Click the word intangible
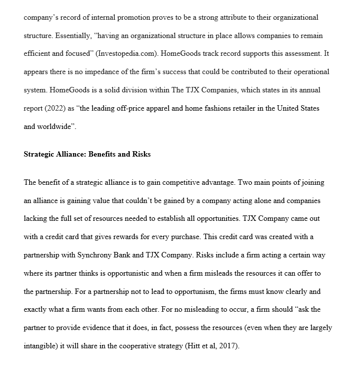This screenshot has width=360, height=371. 43,346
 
